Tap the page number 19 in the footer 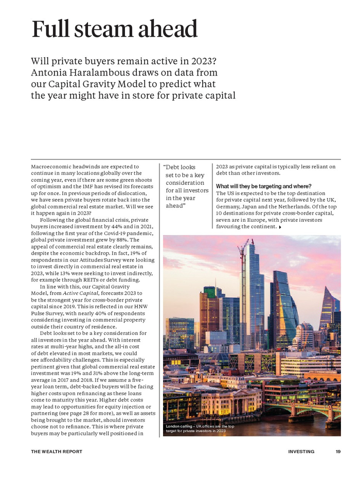[x=338, y=452]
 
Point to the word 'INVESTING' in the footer [x=301, y=452]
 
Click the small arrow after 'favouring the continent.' [x=280, y=227]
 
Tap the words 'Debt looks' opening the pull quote [x=180, y=167]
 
